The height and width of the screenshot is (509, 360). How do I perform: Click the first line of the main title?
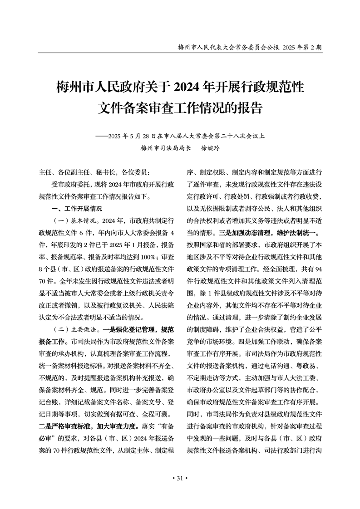pos(180,86)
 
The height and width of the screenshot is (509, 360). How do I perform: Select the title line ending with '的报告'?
pos(180,108)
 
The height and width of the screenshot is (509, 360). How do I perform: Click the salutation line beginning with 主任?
pos(94,172)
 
